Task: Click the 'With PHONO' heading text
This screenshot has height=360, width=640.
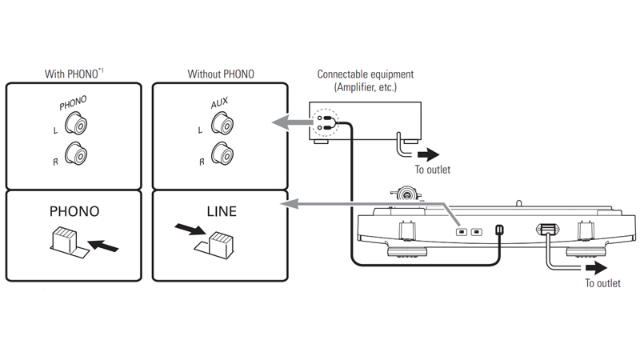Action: (x=74, y=74)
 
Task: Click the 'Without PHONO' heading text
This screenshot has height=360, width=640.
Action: (x=221, y=74)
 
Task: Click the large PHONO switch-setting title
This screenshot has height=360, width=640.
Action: (x=74, y=212)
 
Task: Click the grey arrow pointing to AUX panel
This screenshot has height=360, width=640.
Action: (x=292, y=122)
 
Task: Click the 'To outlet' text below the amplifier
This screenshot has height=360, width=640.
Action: (x=432, y=170)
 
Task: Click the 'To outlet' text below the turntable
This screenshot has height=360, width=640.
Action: (x=602, y=283)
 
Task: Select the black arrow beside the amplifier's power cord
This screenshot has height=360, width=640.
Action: (x=427, y=153)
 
